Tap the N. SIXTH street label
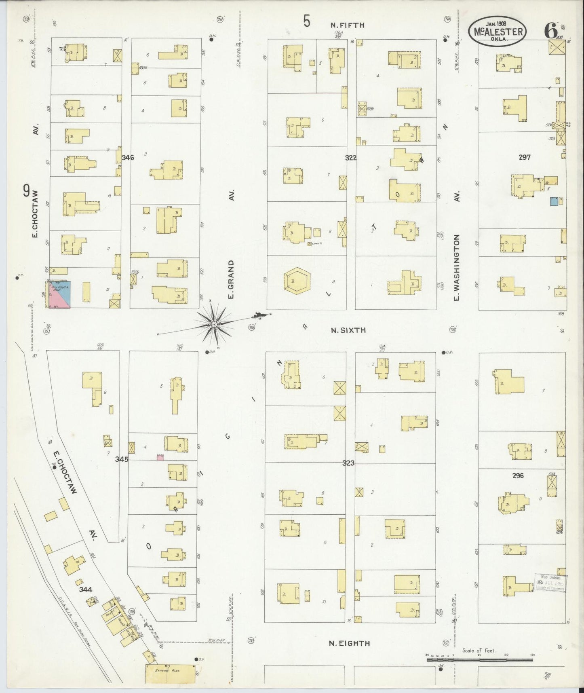348,330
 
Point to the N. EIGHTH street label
349,643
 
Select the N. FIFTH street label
347,25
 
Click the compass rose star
214,324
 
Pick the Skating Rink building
170,673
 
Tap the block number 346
128,157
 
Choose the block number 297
524,157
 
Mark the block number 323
348,463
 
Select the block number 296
518,476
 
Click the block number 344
85,589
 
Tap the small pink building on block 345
160,457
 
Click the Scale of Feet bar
480,659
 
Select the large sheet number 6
550,30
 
